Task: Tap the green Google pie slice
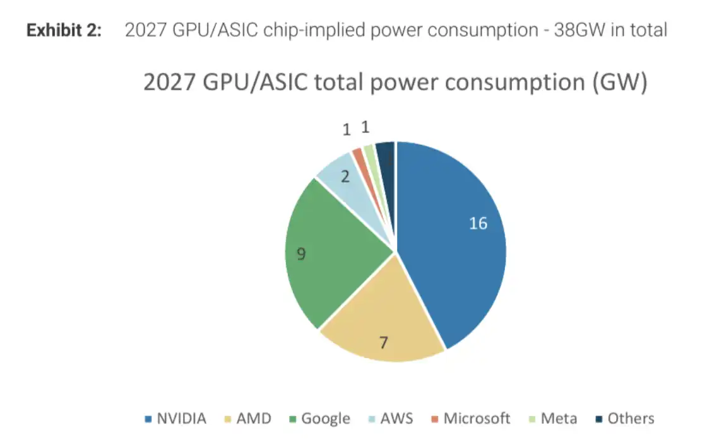(327, 254)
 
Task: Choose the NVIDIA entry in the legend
(175, 419)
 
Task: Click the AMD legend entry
(248, 419)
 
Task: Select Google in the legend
(319, 419)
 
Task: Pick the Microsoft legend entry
(470, 419)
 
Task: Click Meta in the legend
(553, 419)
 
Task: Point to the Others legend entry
(625, 419)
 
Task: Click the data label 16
(478, 223)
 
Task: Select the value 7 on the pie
(384, 342)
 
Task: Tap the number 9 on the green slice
(301, 254)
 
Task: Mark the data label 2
(345, 176)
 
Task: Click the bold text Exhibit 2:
(64, 30)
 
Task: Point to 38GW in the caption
(579, 30)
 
